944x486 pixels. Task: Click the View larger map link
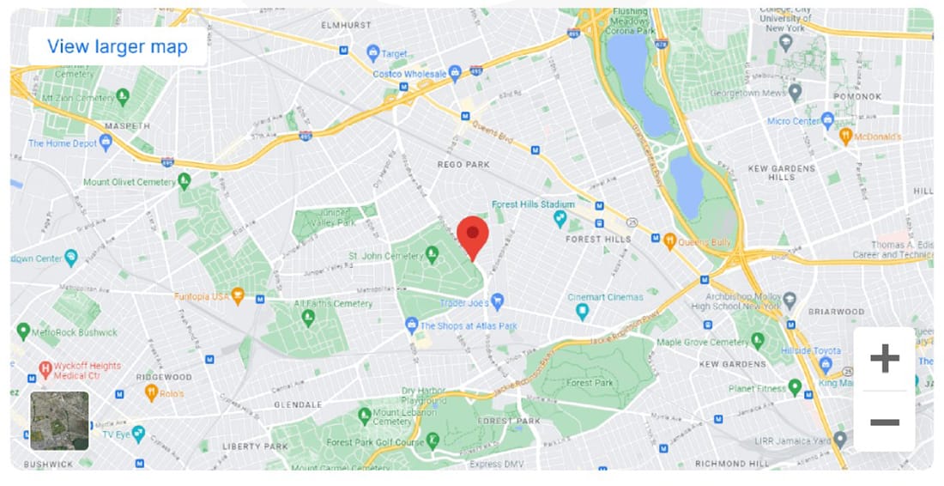pos(118,46)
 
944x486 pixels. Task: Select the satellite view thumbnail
pos(59,421)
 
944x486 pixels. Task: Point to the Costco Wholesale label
pos(409,75)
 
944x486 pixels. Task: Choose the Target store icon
pos(372,53)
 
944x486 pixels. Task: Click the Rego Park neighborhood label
pos(462,164)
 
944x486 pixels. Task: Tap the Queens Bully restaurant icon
pos(669,241)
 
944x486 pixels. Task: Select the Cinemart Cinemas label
pos(605,297)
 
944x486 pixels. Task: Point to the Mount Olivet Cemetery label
pos(130,182)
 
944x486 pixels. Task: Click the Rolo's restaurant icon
pos(151,393)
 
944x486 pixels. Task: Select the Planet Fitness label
pos(757,388)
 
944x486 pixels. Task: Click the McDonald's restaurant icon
pos(844,137)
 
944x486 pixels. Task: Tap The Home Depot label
pos(63,143)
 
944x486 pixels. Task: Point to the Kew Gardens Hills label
pos(781,172)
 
